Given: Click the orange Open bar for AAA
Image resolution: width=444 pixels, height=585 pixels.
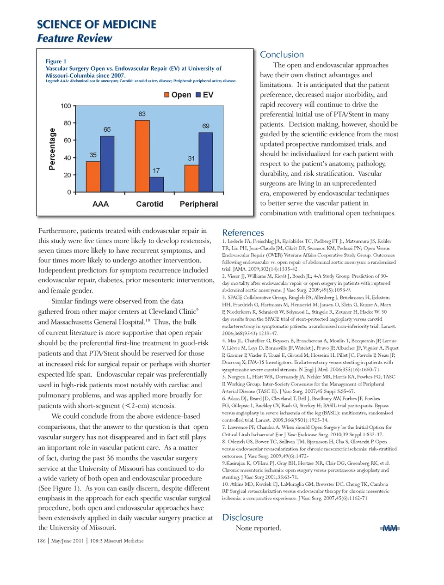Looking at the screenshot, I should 93,177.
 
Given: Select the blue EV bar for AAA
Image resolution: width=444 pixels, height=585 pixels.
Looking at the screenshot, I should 107,164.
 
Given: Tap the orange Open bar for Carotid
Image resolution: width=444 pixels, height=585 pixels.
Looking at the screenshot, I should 142,156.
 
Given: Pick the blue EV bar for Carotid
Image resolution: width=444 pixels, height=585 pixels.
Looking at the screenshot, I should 156,184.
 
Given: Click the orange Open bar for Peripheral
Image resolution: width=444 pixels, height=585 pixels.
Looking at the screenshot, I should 191,178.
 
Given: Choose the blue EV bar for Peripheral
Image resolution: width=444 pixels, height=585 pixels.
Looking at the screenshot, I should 205,162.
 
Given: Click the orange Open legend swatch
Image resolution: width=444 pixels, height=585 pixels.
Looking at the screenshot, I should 167,95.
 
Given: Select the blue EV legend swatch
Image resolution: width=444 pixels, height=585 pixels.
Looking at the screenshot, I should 198,95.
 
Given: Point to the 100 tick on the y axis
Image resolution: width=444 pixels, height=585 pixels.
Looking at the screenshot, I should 66,106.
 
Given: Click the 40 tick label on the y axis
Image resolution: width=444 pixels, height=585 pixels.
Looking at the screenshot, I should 68,158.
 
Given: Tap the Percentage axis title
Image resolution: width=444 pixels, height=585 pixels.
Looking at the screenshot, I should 52,149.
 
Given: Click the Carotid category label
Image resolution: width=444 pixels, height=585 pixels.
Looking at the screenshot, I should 149,204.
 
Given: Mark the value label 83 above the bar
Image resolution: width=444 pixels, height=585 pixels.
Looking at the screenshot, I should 142,114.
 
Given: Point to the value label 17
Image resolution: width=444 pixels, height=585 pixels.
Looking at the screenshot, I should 156,171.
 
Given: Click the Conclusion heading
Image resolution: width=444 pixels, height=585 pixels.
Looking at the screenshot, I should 282,55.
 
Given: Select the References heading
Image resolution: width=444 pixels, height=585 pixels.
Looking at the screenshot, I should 243,233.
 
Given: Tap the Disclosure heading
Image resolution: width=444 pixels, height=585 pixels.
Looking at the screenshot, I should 242,518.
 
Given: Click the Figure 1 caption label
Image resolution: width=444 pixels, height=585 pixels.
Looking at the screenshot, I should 56,61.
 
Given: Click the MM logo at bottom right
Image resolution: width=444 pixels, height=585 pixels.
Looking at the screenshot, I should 390,528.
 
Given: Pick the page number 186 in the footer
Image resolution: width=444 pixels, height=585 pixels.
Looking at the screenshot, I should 41,541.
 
